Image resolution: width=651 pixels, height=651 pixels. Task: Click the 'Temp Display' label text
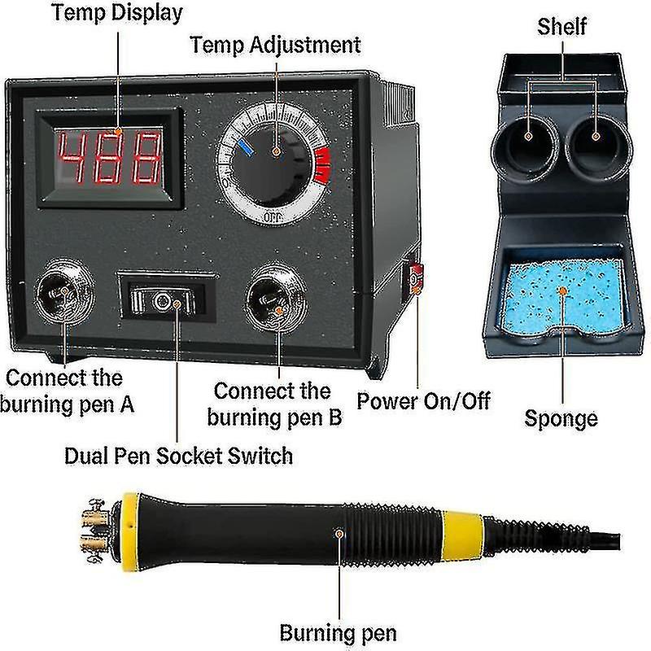(x=116, y=13)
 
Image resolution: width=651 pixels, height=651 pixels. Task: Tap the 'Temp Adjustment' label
(x=275, y=45)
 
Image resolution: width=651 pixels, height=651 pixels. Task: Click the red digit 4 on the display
(x=72, y=157)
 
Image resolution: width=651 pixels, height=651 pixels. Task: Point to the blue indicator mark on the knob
(x=247, y=148)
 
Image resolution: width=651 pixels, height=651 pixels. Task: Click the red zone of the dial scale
(x=322, y=166)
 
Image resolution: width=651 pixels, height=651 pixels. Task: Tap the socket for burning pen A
(x=64, y=292)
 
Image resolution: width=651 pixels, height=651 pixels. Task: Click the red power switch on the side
(x=416, y=277)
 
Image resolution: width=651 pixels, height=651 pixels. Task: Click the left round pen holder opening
(x=526, y=146)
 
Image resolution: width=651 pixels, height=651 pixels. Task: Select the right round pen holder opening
(x=597, y=146)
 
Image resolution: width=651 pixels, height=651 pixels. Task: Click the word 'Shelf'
(x=561, y=27)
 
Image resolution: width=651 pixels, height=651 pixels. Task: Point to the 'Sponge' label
(x=561, y=418)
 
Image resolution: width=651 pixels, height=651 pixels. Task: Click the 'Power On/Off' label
(x=423, y=401)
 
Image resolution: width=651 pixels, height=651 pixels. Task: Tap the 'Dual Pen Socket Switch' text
(x=178, y=456)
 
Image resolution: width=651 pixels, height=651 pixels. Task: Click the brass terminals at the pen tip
(x=94, y=531)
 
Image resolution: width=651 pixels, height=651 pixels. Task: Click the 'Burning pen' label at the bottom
(x=338, y=633)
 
